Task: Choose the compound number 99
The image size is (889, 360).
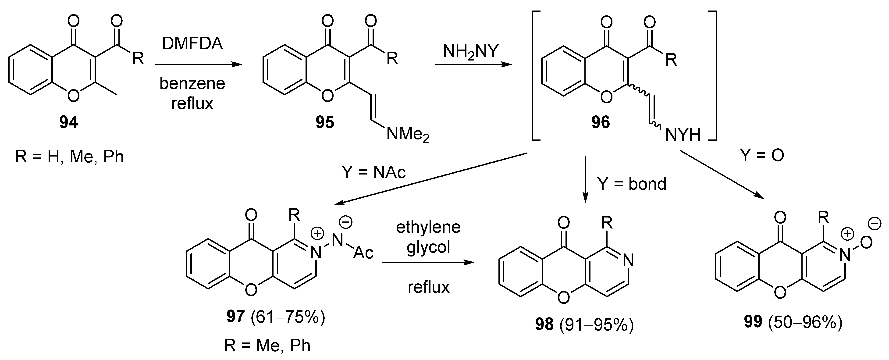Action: pyautogui.click(x=753, y=322)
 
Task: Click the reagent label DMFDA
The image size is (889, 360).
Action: pyautogui.click(x=192, y=44)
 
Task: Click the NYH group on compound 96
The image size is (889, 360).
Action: pyautogui.click(x=683, y=135)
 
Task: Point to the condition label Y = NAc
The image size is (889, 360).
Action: pyautogui.click(x=373, y=172)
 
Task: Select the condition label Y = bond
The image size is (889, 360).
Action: pyautogui.click(x=632, y=184)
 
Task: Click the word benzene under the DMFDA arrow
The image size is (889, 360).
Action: pyautogui.click(x=192, y=84)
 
